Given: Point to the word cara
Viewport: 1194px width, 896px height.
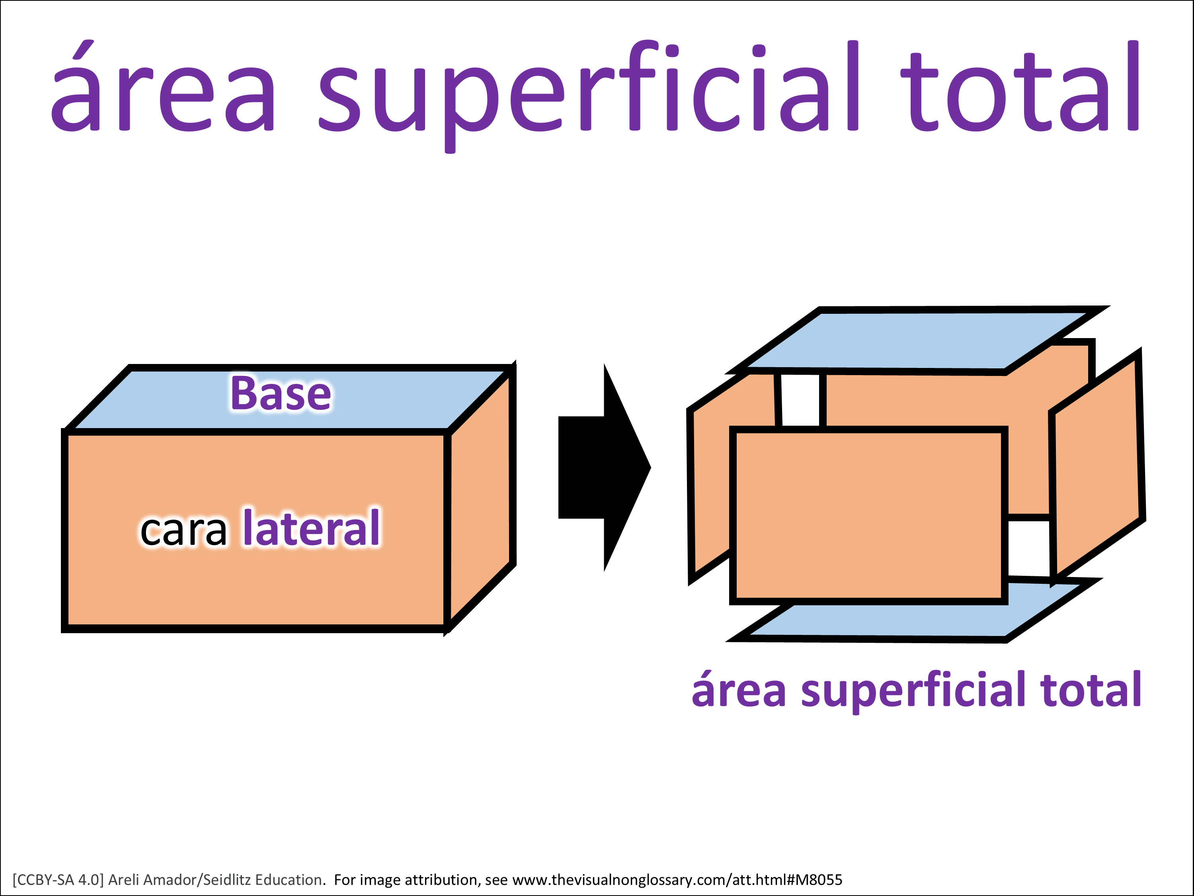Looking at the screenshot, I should tap(183, 530).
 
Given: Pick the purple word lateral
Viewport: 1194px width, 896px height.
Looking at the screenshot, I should tap(312, 528).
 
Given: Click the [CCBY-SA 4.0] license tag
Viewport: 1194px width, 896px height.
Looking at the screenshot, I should tap(58, 880).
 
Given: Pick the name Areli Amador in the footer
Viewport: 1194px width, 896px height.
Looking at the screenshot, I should tap(153, 880).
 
